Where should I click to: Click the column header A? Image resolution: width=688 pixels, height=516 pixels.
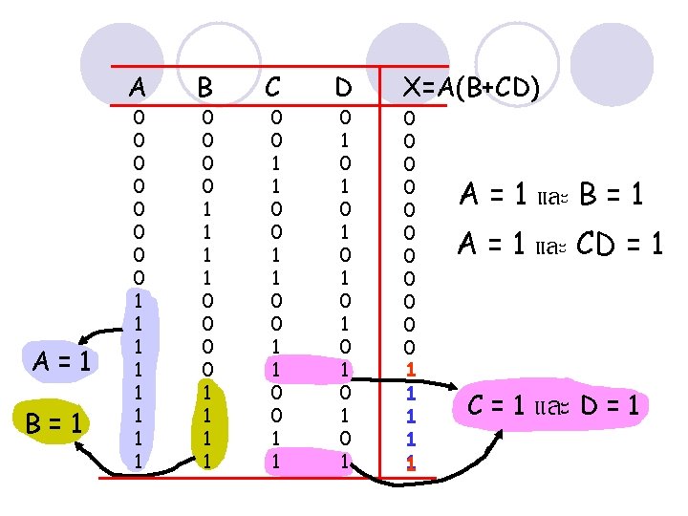point(138,87)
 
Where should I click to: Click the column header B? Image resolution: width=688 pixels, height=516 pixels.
point(204,87)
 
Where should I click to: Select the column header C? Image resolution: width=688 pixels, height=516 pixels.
point(273,87)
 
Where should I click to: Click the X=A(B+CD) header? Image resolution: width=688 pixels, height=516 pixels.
point(471,87)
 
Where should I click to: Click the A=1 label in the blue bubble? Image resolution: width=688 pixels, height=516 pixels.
point(60,362)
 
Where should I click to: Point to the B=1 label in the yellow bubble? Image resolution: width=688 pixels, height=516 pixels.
point(60,420)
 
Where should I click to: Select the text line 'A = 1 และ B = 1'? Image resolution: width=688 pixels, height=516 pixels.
point(550,195)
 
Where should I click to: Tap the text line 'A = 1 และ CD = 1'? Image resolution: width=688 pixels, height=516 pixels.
point(560,245)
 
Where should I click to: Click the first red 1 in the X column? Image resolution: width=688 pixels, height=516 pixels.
point(410,369)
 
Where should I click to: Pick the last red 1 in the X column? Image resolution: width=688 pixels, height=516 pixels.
point(410,462)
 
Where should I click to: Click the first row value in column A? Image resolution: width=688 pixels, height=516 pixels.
point(139,118)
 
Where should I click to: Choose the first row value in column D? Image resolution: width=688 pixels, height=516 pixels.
point(346,118)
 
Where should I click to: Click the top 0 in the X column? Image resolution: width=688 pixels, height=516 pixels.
point(410,118)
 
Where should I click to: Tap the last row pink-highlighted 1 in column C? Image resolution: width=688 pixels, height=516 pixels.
point(277,461)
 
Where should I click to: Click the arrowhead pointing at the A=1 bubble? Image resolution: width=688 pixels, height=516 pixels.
point(83,339)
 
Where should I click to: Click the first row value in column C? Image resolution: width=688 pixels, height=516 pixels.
point(277,118)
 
